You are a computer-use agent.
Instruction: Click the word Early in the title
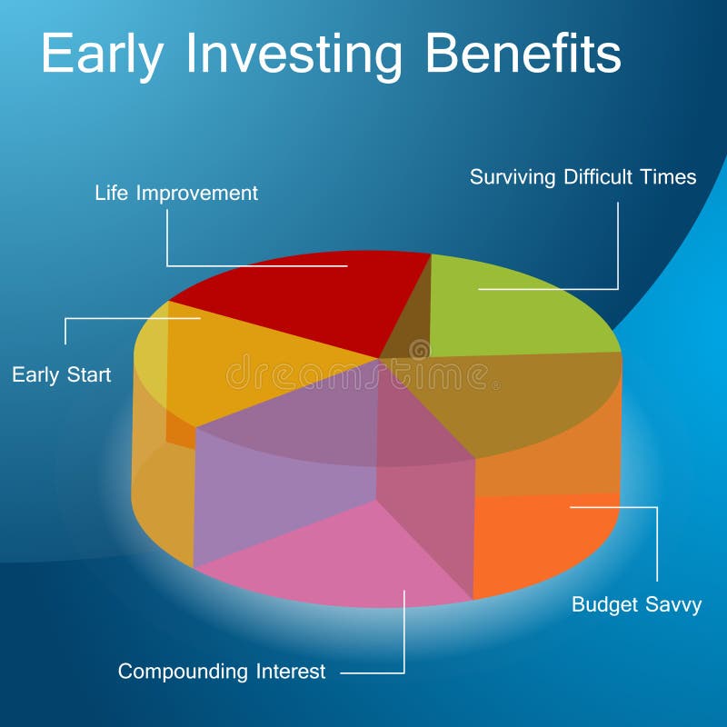click(x=103, y=55)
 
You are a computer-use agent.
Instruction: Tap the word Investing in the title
click(x=294, y=55)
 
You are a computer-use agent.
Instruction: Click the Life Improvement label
click(x=176, y=194)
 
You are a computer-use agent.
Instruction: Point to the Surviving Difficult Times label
click(x=583, y=177)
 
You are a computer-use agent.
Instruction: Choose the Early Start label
click(x=62, y=374)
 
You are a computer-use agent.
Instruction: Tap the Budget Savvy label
click(x=637, y=604)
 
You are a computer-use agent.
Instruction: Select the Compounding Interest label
click(x=222, y=672)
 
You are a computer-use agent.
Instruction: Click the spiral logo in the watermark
click(x=420, y=349)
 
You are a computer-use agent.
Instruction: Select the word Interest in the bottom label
click(x=291, y=672)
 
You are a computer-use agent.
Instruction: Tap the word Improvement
click(x=197, y=194)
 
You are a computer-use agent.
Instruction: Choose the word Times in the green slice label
click(x=668, y=177)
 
